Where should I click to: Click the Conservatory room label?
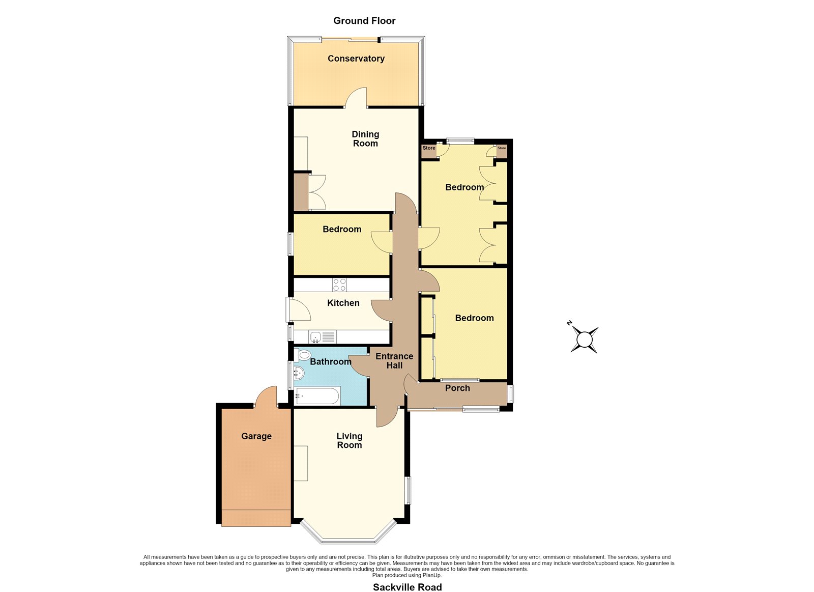356,59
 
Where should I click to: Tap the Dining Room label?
365,139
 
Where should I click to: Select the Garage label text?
256,436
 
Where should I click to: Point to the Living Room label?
349,440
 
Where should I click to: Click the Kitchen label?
343,303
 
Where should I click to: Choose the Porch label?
457,388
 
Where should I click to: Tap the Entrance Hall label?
394,361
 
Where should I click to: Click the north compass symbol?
584,339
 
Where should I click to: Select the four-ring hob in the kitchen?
339,285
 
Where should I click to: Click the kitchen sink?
315,337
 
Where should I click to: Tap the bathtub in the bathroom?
318,396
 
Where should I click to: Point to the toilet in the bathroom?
303,355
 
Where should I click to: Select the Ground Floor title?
364,21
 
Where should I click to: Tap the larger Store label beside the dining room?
429,148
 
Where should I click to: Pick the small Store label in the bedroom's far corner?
502,148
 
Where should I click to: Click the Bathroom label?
330,362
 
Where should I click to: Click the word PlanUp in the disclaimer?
432,575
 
